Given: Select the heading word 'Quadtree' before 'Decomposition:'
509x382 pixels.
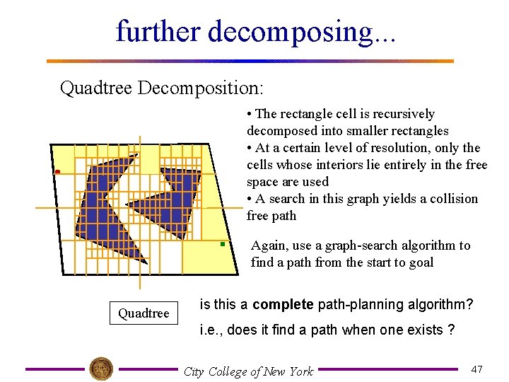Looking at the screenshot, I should [96, 88].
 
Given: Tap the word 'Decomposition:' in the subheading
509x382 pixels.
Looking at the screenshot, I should [201, 88].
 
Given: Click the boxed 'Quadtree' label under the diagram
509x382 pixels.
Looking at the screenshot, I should [144, 313].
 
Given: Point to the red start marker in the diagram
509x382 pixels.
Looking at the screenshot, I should [58, 173].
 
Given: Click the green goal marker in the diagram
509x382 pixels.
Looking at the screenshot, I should [222, 244].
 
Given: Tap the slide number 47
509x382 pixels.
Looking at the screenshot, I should [476, 369].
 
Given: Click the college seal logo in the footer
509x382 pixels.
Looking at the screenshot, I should [101, 369].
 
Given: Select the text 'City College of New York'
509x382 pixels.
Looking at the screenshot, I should [248, 371].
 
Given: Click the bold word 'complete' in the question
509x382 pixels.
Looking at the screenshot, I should [283, 305].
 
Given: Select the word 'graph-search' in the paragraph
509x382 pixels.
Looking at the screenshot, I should [379, 245].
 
